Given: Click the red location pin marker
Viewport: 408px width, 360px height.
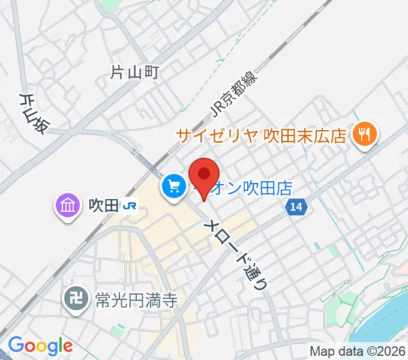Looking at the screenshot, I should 203,176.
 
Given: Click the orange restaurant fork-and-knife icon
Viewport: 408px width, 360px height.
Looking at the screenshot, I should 364,134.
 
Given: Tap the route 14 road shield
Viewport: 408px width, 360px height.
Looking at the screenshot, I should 296,206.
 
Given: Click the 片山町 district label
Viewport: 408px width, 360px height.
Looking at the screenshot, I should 135,73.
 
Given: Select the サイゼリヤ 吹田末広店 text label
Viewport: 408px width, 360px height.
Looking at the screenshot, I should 262,135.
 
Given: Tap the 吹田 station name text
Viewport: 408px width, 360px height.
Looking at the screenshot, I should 103,206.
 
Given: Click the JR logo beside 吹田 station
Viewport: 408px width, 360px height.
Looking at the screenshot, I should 129,207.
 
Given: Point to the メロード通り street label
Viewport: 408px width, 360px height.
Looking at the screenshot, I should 237,253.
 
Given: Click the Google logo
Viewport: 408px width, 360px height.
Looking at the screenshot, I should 40,346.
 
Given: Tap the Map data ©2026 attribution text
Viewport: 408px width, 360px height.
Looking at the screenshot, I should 358,350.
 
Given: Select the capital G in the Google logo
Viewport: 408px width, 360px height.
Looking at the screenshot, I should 16,345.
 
